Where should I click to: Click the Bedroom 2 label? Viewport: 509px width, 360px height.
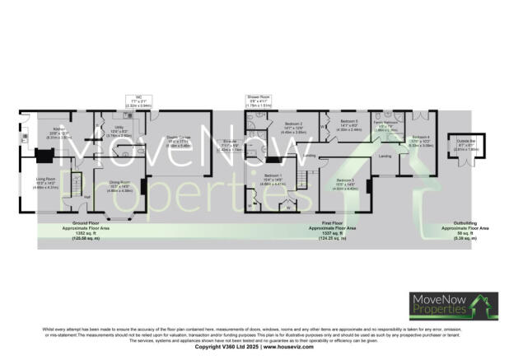click(285, 124)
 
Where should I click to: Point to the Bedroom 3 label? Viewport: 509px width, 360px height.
click(345, 181)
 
